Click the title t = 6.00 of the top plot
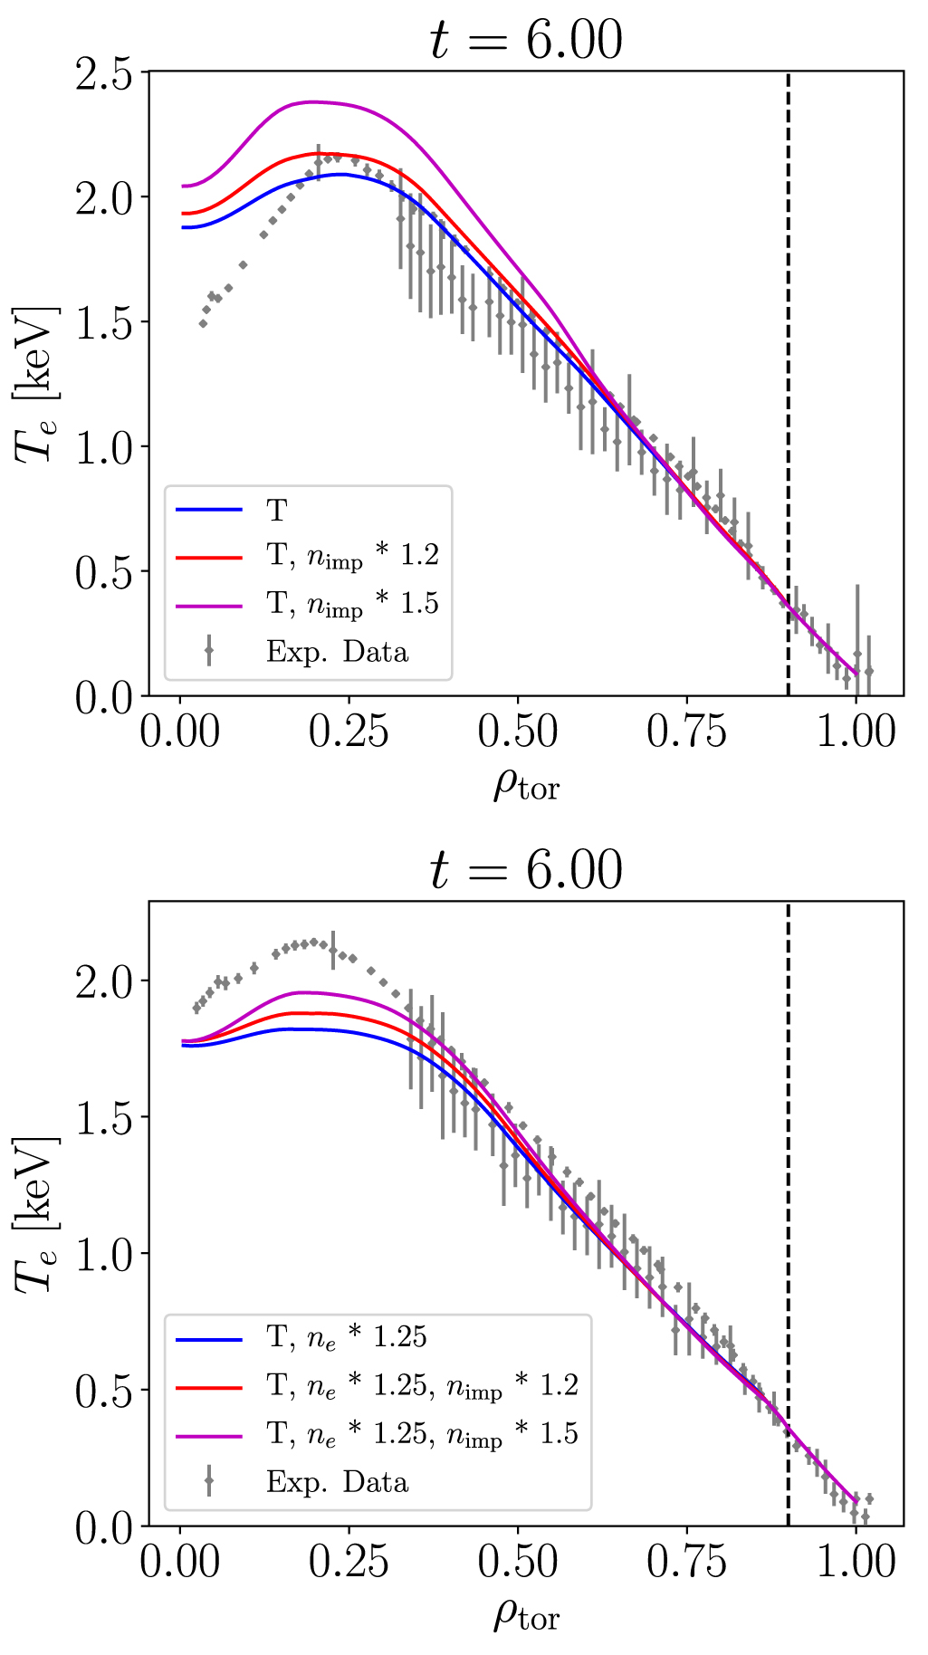[x=526, y=41]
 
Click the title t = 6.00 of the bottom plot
[x=526, y=870]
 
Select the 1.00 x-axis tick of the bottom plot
[x=856, y=1562]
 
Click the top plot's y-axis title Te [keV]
[x=37, y=384]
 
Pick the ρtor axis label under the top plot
[x=526, y=784]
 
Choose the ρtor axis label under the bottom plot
[x=526, y=1613]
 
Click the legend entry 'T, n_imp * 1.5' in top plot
[x=353, y=604]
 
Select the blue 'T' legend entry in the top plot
[x=276, y=511]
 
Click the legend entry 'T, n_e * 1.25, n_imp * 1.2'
[x=422, y=1386]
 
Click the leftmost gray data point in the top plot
[x=203, y=323]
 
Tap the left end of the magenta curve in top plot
[x=183, y=186]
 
